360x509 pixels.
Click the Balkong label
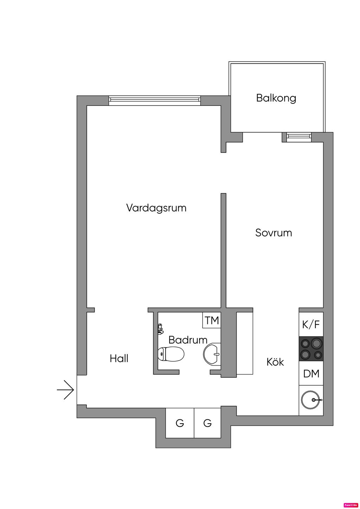pyautogui.click(x=276, y=98)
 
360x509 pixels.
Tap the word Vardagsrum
pyautogui.click(x=156, y=208)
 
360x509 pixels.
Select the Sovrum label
pyautogui.click(x=274, y=233)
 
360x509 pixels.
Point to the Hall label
pyautogui.click(x=119, y=359)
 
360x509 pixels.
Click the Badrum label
pyautogui.click(x=188, y=340)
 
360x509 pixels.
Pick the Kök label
pyautogui.click(x=275, y=362)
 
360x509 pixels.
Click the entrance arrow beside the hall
pyautogui.click(x=66, y=390)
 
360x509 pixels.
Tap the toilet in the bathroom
pyautogui.click(x=171, y=354)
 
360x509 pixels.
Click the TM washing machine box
pyautogui.click(x=212, y=320)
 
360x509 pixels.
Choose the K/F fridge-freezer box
pyautogui.click(x=311, y=324)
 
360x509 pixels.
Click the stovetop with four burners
pyautogui.click(x=311, y=349)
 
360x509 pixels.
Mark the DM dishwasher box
pyautogui.click(x=311, y=373)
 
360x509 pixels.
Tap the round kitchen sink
pyautogui.click(x=310, y=400)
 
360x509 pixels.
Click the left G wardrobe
pyautogui.click(x=180, y=423)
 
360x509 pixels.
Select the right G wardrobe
pyautogui.click(x=207, y=423)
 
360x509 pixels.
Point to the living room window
pyautogui.click(x=155, y=100)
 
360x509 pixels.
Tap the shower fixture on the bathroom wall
pyautogui.click(x=160, y=329)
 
